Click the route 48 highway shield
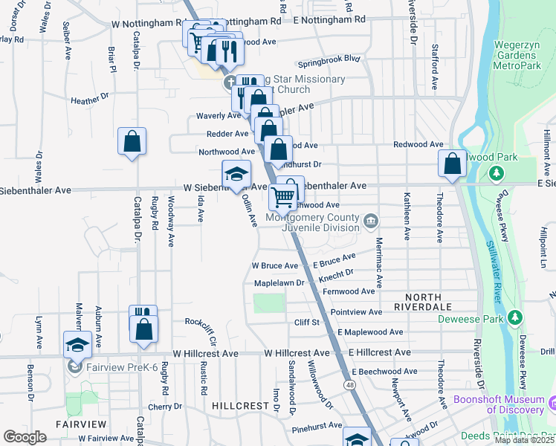tap(348, 384)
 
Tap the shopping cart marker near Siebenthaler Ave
tap(282, 198)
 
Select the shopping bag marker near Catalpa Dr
tap(132, 141)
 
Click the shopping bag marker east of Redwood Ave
tap(452, 164)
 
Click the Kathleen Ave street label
tap(407, 217)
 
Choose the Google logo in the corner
tap(25, 437)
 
